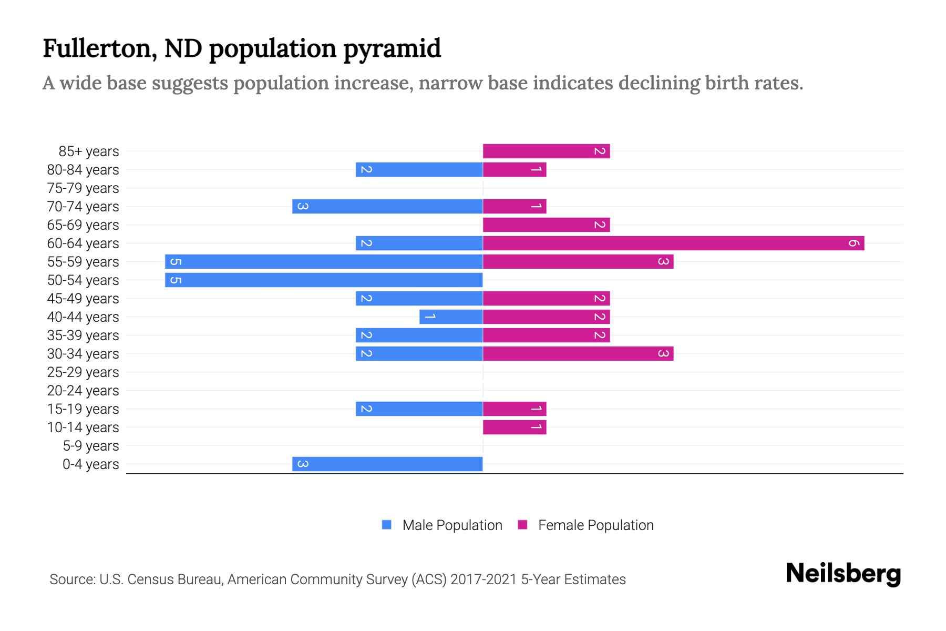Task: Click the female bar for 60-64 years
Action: [673, 243]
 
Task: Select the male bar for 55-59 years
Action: [324, 261]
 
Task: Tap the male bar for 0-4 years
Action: [387, 464]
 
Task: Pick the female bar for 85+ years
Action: [546, 151]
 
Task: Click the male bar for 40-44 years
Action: [451, 317]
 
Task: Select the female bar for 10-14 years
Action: [515, 427]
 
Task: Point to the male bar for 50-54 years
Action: [324, 280]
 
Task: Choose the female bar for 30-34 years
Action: [578, 353]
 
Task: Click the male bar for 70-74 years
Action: [387, 206]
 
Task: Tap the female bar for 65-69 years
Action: [546, 225]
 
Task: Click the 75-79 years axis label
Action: [83, 188]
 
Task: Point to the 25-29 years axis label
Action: [83, 372]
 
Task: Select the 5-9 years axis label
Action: [91, 446]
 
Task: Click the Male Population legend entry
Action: [451, 525]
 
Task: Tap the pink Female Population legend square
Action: [522, 525]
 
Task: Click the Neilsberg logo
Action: [843, 573]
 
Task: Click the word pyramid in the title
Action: [392, 49]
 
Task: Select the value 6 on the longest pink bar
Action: [854, 243]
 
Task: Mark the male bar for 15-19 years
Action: [419, 409]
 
